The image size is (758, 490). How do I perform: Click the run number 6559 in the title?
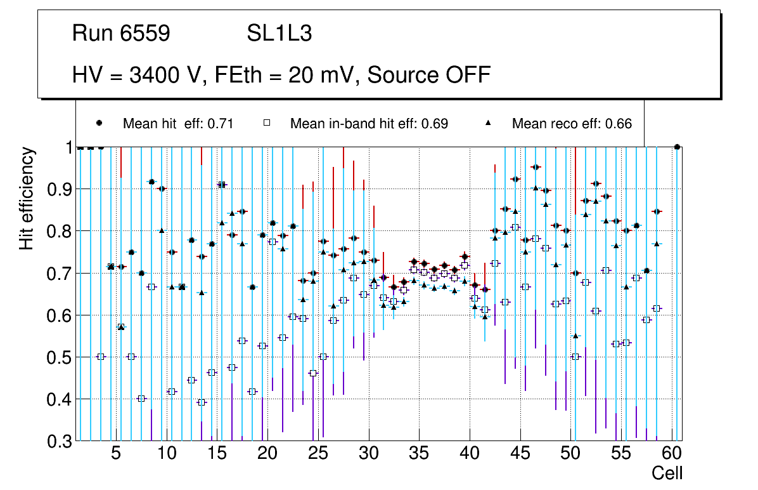coord(146,34)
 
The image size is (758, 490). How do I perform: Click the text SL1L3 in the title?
coord(279,34)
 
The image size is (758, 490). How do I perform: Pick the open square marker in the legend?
coord(268,124)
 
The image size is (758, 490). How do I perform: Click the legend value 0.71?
coord(222,124)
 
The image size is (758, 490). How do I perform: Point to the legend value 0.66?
coord(620,124)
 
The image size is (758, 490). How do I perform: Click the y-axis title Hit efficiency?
coord(27,198)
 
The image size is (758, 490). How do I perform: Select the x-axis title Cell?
coord(667,473)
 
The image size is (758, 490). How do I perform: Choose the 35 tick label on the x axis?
coord(419,454)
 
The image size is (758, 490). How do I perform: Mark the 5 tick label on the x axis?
coord(116,454)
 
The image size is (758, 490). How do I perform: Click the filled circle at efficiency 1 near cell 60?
coord(678,147)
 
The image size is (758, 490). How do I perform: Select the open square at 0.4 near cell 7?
coord(141,399)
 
